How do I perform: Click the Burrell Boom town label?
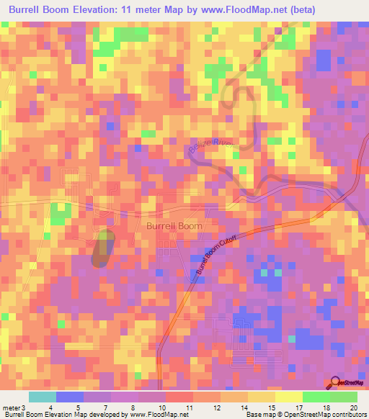pyautogui.click(x=175, y=225)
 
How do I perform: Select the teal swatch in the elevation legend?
pyautogui.click(x=42, y=397)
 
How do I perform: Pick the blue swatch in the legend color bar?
pyautogui.click(x=69, y=397)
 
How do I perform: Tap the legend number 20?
pyautogui.click(x=352, y=408)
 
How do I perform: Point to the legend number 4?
pyautogui.click(x=49, y=408)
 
